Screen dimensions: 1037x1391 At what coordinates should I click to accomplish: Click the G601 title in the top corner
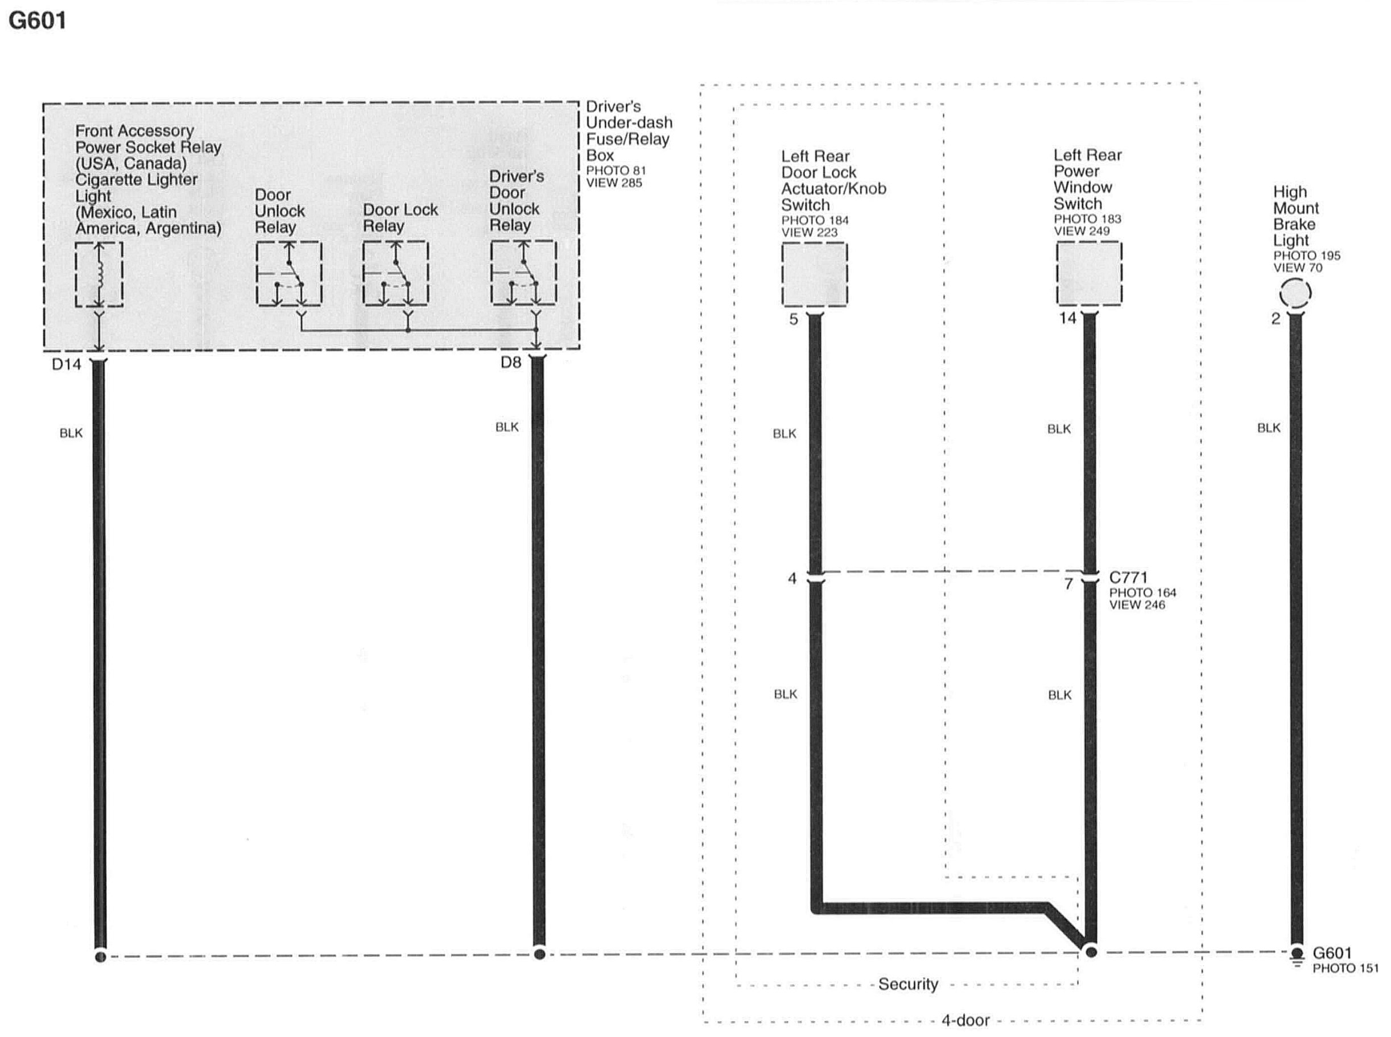pyautogui.click(x=38, y=20)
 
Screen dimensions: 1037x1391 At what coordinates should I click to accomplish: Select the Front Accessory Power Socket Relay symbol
pyautogui.click(x=99, y=274)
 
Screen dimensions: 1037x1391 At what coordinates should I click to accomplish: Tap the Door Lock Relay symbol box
pyautogui.click(x=395, y=274)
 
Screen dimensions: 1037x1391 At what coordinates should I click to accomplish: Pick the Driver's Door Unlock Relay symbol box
pyautogui.click(x=523, y=273)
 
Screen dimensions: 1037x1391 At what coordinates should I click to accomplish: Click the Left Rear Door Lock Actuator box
pyautogui.click(x=814, y=274)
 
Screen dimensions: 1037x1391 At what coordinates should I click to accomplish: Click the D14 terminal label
pyautogui.click(x=67, y=364)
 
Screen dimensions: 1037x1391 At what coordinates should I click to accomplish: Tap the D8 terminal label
pyautogui.click(x=511, y=362)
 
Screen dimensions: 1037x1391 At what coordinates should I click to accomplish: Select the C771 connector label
pyautogui.click(x=1128, y=578)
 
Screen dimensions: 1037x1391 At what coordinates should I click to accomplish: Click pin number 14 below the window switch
pyautogui.click(x=1067, y=318)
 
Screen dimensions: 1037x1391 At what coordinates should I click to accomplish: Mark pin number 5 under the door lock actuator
pyautogui.click(x=793, y=319)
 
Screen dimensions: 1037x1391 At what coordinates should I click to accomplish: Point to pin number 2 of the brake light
pyautogui.click(x=1276, y=319)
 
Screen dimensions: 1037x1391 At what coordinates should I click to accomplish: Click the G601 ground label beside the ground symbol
pyautogui.click(x=1332, y=953)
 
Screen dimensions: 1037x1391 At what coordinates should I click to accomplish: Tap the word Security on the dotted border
pyautogui.click(x=908, y=984)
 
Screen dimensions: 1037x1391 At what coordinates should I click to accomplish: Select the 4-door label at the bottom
pyautogui.click(x=965, y=1020)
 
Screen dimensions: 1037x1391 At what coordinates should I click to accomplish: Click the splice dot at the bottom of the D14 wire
pyautogui.click(x=100, y=957)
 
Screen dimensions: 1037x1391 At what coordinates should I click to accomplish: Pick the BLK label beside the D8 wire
pyautogui.click(x=507, y=427)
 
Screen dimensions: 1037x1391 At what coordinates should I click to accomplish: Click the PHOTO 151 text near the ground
pyautogui.click(x=1345, y=969)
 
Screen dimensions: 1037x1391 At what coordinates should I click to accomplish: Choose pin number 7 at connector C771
pyautogui.click(x=1068, y=585)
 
